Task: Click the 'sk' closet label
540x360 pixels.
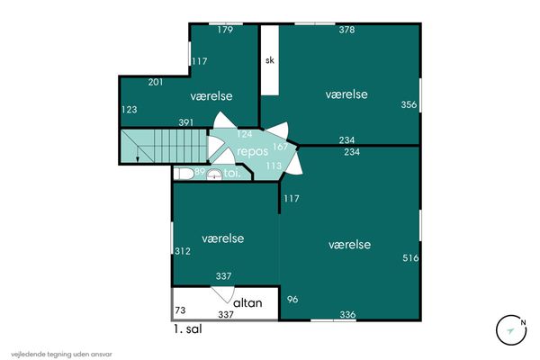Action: pos(270,60)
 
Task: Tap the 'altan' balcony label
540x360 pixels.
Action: pos(247,302)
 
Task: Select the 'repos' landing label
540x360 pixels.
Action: pos(252,152)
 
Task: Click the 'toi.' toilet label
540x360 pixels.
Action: pos(231,174)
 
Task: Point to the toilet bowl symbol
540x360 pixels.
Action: pos(184,174)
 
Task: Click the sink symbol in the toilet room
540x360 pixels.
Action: pos(214,175)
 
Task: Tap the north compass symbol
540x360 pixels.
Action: pos(511,330)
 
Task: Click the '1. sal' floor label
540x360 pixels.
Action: pos(188,329)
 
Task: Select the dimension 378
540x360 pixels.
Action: pos(346,30)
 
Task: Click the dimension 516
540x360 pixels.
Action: pos(410,257)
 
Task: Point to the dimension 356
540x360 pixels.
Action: pos(409,104)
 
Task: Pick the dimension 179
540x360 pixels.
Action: pos(225,30)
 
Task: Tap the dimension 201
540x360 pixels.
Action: pos(156,82)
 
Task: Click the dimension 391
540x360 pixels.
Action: pos(186,122)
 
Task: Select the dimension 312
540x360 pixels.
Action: pos(182,251)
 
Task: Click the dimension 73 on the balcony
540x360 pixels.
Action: pos(180,310)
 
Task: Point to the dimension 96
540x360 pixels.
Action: pos(292,300)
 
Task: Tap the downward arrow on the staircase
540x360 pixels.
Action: pos(138,153)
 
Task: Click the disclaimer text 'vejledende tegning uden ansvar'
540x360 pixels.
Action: pos(61,354)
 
